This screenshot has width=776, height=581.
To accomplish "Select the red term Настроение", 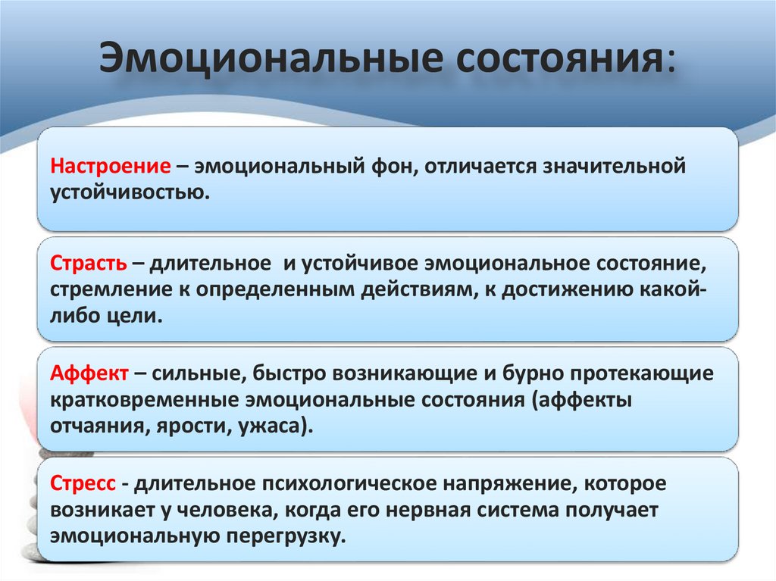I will (x=109, y=166).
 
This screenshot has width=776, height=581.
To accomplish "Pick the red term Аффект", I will (x=89, y=375).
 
